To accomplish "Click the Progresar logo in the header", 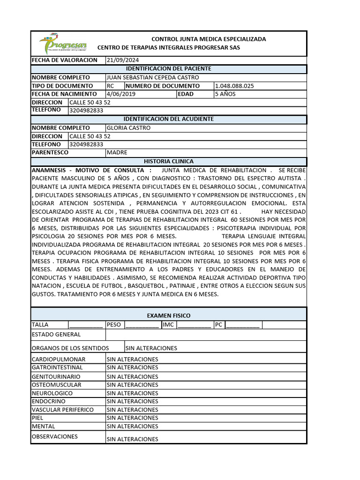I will (x=63, y=44).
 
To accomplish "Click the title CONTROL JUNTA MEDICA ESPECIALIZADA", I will (x=208, y=39).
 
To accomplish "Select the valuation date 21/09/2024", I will (x=123, y=60).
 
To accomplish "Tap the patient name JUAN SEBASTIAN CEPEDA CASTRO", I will (x=153, y=77).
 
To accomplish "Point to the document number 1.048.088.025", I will (x=234, y=86).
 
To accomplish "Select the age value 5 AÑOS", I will (x=225, y=94).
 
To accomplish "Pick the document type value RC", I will (x=111, y=86).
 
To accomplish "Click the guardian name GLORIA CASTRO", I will (x=129, y=127).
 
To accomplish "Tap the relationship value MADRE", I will (x=117, y=152).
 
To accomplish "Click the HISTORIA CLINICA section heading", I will (x=168, y=161).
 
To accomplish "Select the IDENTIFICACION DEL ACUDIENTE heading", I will (x=168, y=119).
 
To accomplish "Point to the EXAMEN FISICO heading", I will (x=168, y=315).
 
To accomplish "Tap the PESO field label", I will (x=114, y=324).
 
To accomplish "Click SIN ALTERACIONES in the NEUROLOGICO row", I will (x=133, y=393).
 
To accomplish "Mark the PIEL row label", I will (x=37, y=418).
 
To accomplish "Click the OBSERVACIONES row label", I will (x=54, y=436).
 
